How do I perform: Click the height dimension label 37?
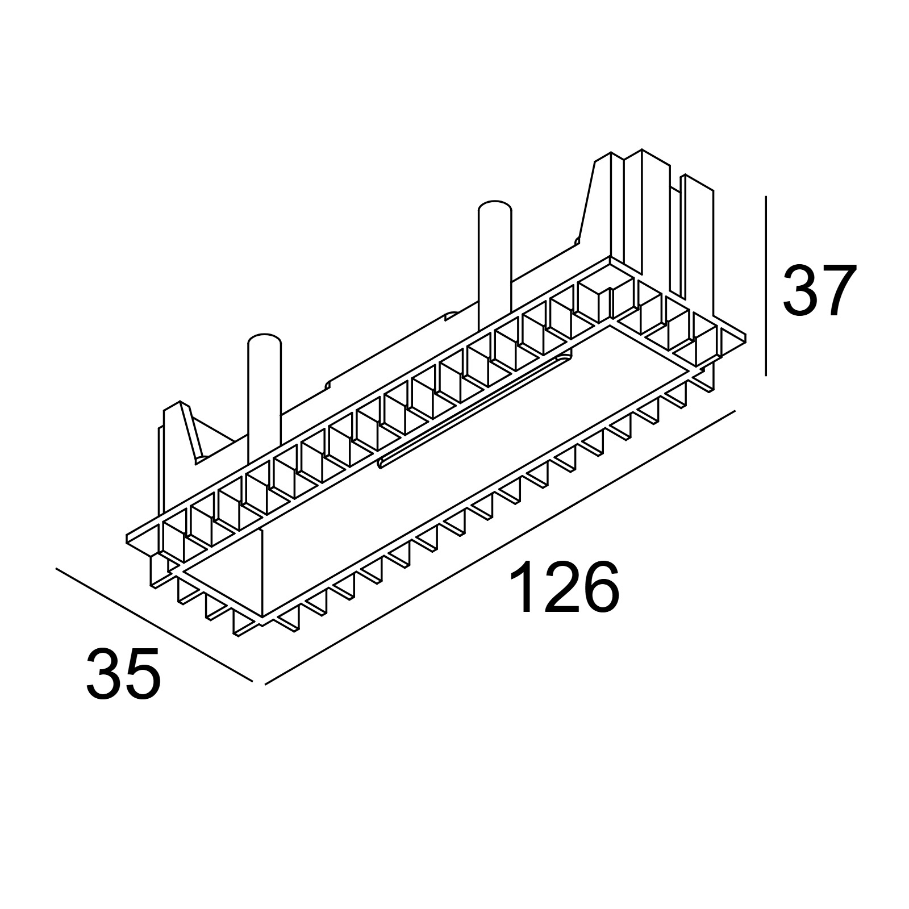pyautogui.click(x=819, y=291)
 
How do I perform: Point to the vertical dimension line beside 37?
pyautogui.click(x=766, y=286)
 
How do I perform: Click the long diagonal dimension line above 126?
pyautogui.click(x=501, y=547)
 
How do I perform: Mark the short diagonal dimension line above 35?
pyautogui.click(x=154, y=624)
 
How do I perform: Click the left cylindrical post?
pyautogui.click(x=265, y=403)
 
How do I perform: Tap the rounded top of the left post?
pyautogui.click(x=265, y=340)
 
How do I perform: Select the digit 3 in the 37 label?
pyautogui.click(x=800, y=291)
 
